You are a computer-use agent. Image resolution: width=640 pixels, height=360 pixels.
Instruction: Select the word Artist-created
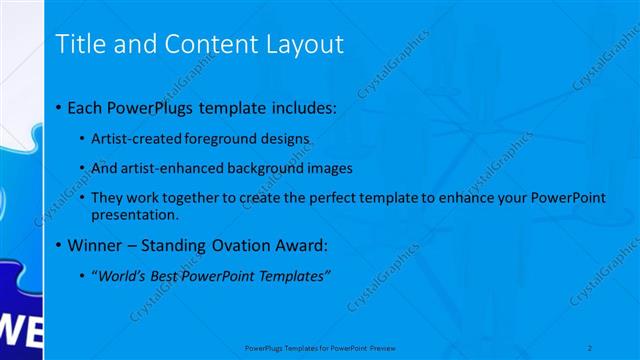[130, 137]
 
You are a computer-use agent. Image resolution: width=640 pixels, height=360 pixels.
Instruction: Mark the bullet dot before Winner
[59, 245]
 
